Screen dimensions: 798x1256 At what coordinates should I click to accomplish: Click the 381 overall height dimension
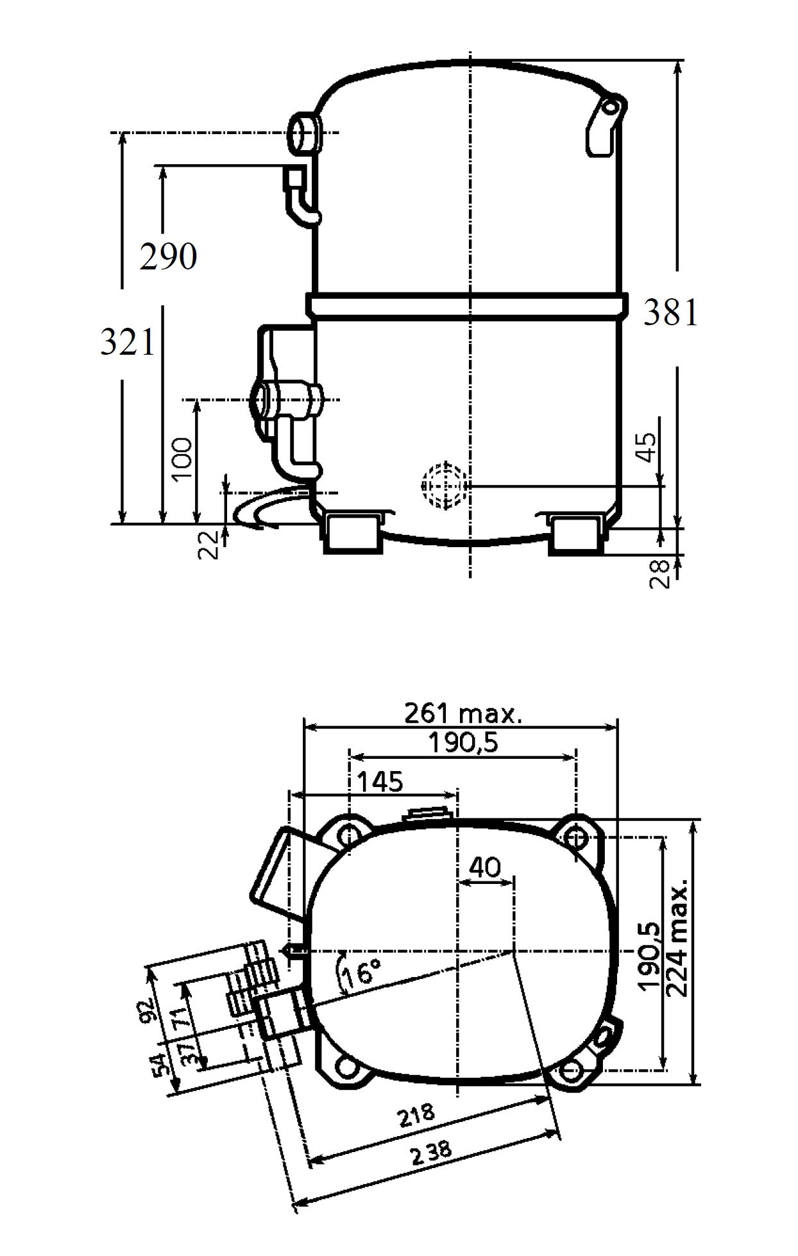coord(670,314)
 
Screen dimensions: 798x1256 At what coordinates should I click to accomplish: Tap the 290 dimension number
coord(168,257)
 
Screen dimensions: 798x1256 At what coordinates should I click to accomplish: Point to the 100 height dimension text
coord(183,458)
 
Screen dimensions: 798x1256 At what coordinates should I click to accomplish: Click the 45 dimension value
coord(649,447)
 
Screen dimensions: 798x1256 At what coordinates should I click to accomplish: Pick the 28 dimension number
coord(660,573)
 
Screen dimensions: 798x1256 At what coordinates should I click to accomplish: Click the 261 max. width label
coord(463,713)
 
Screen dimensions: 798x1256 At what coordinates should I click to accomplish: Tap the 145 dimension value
coord(380,782)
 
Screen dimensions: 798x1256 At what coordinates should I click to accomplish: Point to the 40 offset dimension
coord(485,867)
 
